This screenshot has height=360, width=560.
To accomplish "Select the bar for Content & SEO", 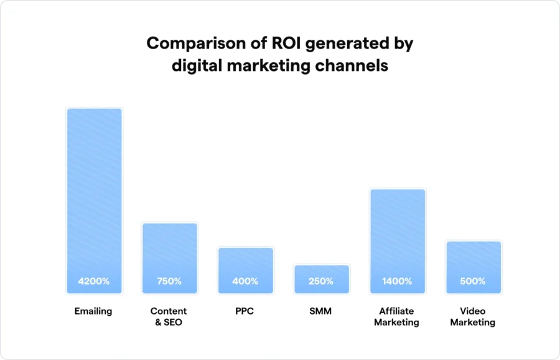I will coord(170,249).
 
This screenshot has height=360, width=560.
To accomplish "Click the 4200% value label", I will coord(94,281).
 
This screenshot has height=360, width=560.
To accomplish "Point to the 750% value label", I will coord(169,281).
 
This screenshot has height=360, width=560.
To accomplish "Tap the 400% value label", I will coord(245,281).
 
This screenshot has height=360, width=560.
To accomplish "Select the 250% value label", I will coord(321,281).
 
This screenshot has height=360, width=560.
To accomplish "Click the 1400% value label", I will coord(397,281).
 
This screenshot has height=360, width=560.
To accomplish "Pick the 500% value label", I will coord(473,281).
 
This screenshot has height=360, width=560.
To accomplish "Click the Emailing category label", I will coord(94,311).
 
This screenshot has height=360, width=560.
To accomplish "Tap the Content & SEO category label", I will coord(169,316).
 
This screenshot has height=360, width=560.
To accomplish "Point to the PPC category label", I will coord(245,311).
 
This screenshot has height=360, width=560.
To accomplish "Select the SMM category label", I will coord(321,311).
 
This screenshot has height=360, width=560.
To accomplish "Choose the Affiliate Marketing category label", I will coord(397,316).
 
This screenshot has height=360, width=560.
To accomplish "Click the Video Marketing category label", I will coord(473,316).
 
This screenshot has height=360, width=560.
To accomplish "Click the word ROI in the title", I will coord(269,44).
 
